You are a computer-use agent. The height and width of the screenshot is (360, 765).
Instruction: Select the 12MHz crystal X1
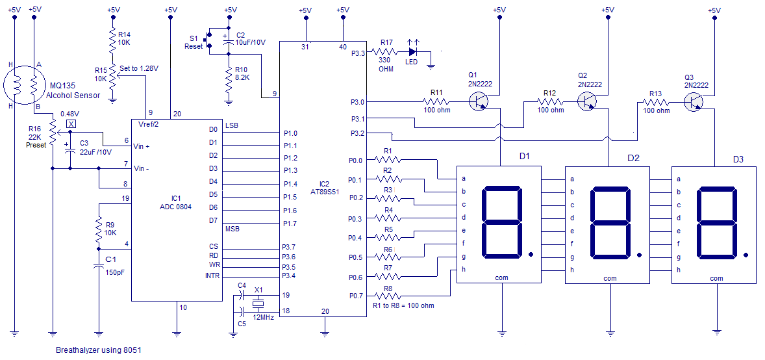[258, 303]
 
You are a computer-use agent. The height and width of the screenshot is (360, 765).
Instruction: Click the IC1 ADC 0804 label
[176, 202]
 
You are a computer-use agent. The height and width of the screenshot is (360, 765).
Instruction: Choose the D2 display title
[633, 158]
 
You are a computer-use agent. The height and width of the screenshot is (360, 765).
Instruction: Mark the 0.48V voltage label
[69, 114]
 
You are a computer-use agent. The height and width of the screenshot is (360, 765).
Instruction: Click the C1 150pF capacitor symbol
[98, 266]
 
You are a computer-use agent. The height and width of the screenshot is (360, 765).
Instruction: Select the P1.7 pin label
[290, 224]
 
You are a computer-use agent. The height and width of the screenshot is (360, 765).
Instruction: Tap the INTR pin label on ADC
[212, 276]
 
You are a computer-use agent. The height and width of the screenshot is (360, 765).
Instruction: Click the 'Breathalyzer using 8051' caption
[97, 350]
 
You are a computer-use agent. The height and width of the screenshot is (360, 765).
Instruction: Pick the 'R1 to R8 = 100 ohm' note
[403, 305]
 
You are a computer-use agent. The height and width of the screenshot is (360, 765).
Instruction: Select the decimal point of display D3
[746, 254]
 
